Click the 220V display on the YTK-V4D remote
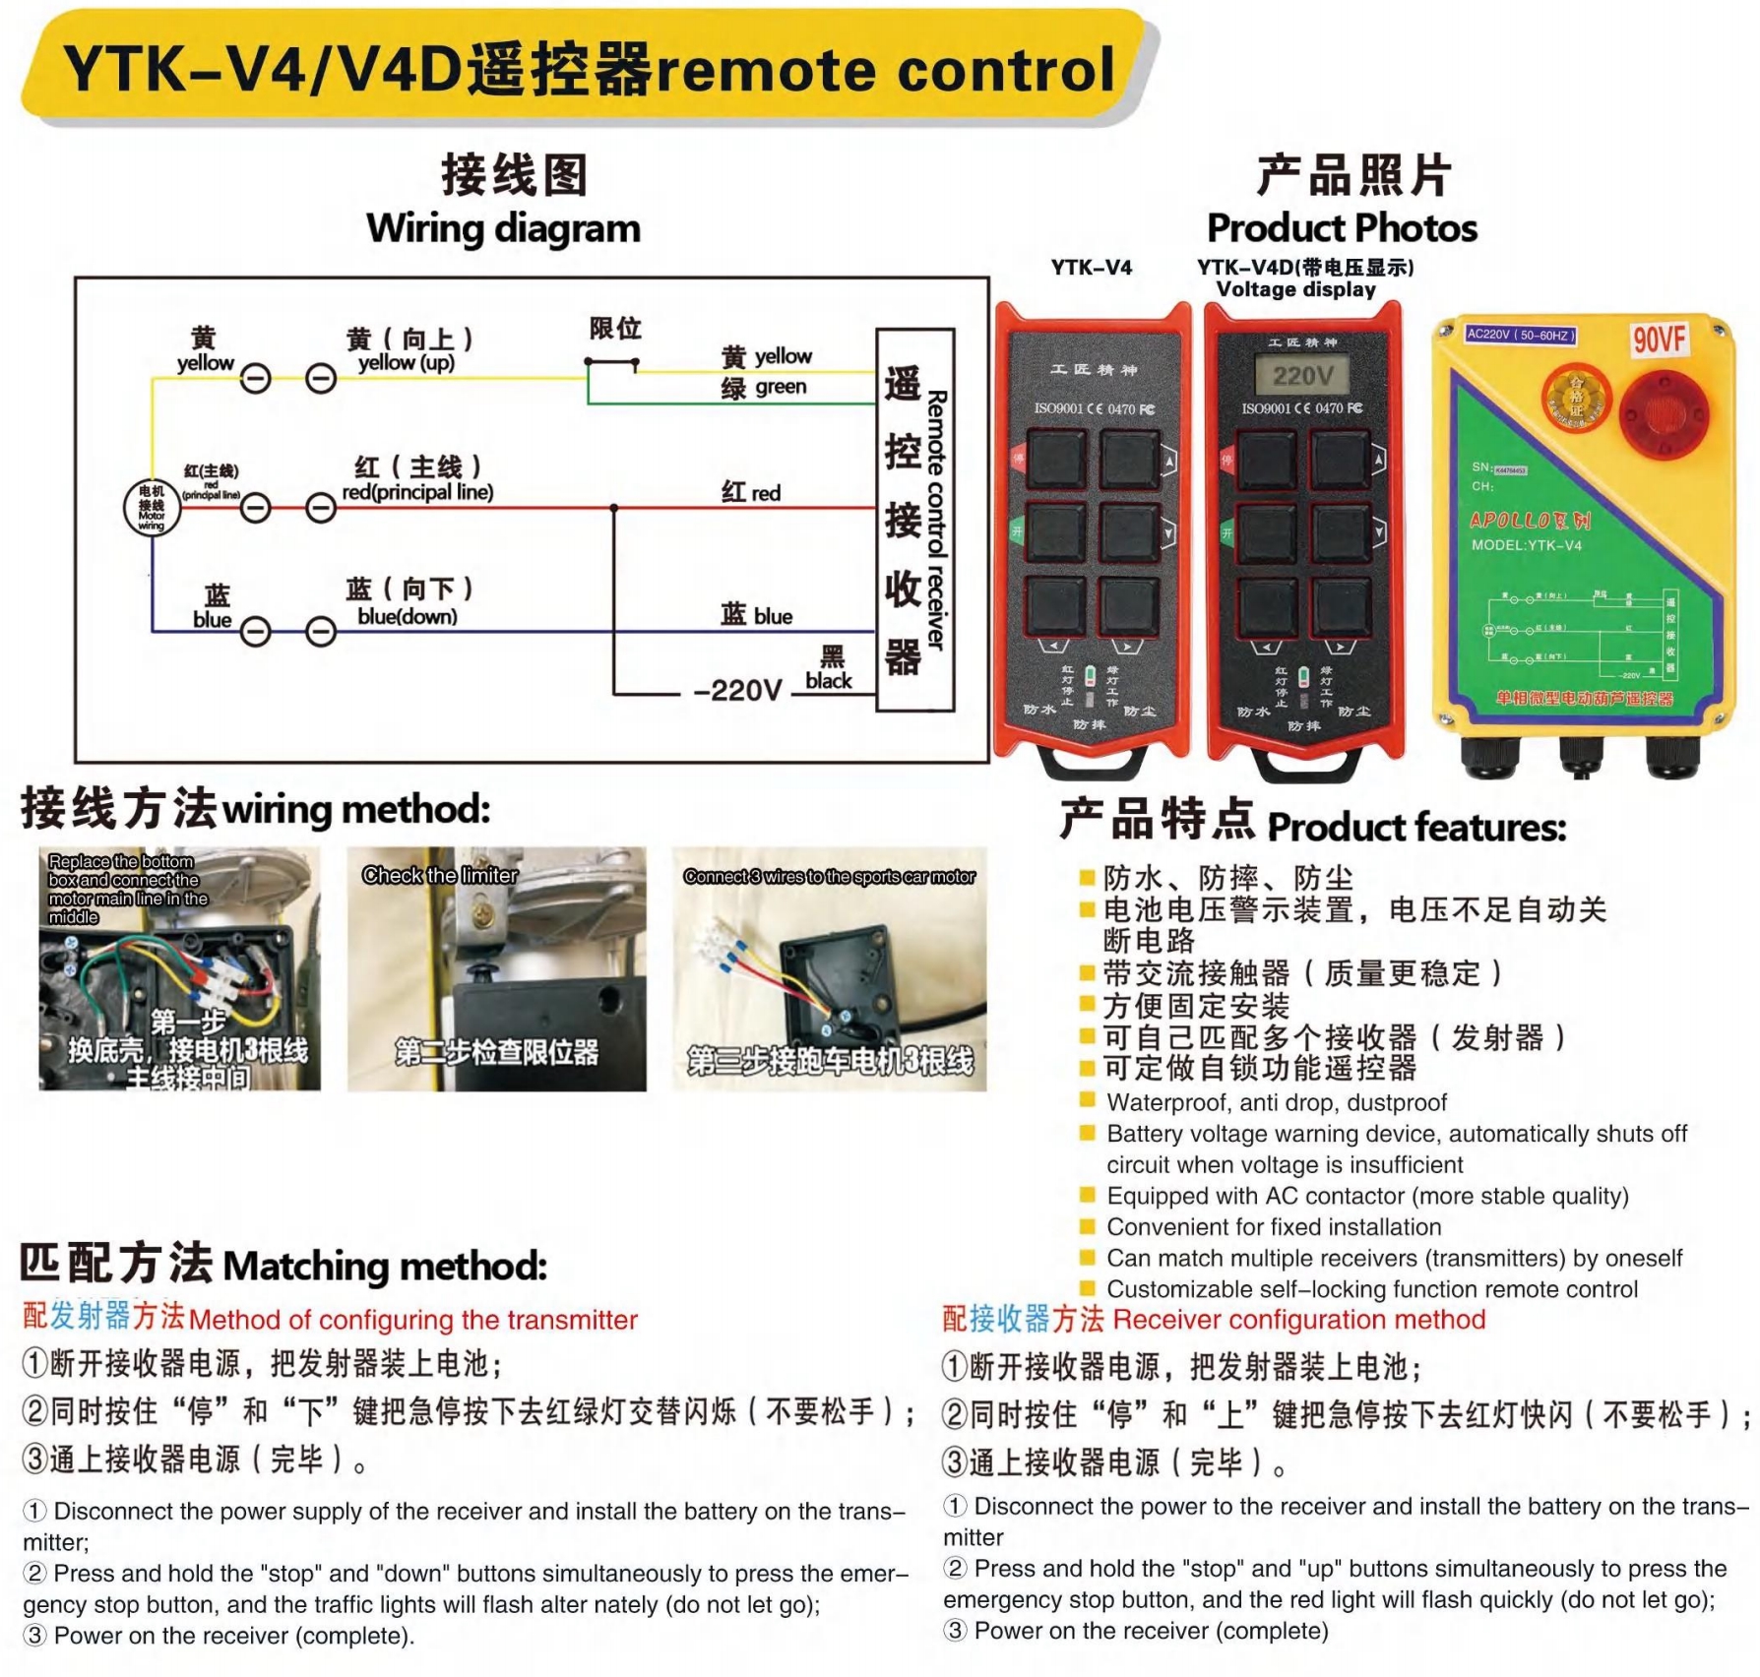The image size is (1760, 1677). (1302, 375)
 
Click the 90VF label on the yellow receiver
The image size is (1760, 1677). (1659, 341)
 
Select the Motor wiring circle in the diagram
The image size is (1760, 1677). (152, 508)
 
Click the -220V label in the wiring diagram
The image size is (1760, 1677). (737, 690)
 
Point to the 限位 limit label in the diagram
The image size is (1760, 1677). (615, 329)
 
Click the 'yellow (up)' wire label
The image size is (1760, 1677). (407, 363)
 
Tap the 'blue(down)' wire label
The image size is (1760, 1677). (408, 617)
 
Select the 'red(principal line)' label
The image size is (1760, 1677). (417, 492)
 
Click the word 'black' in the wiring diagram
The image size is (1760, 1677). (829, 680)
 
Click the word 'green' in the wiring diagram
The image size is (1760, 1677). (781, 387)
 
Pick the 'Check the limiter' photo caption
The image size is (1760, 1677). (440, 875)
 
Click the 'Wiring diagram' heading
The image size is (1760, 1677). (503, 228)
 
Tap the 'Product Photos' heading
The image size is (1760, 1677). (1342, 228)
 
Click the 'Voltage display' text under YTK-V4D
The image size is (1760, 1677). (1295, 289)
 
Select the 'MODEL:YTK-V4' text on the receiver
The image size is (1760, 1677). (1526, 545)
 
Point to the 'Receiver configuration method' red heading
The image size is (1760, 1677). (1298, 1320)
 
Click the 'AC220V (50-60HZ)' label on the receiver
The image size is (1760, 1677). (1521, 335)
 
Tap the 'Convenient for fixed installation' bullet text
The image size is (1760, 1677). (1274, 1227)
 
